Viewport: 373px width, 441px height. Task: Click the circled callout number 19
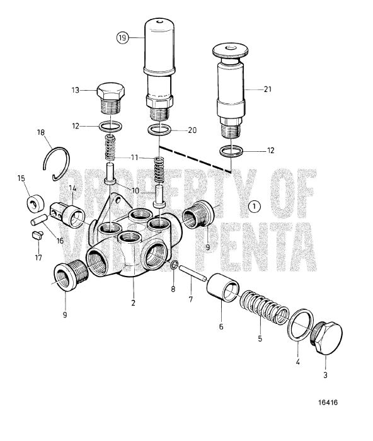click(122, 37)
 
